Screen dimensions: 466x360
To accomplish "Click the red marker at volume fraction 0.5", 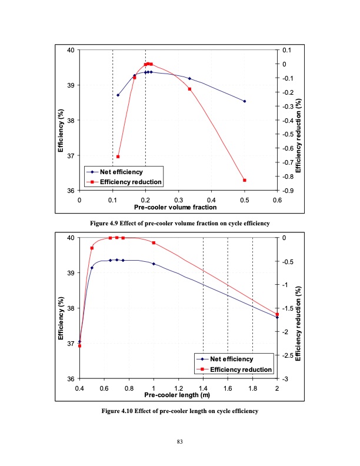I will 245,180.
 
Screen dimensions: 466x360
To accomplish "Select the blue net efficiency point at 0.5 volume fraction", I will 245,101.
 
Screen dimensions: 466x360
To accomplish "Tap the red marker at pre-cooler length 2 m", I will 277,314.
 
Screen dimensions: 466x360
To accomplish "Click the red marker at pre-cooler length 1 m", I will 154,243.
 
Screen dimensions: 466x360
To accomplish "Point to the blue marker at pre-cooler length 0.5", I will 92,268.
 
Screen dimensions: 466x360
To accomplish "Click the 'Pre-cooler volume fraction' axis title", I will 175,208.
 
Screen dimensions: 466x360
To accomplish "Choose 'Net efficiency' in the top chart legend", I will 121,172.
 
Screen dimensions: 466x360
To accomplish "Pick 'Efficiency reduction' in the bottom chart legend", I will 241,369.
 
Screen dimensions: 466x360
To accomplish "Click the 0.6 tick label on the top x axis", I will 276,200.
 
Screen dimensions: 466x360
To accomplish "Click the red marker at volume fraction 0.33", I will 189,89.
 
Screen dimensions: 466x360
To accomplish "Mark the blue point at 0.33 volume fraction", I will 189,78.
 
